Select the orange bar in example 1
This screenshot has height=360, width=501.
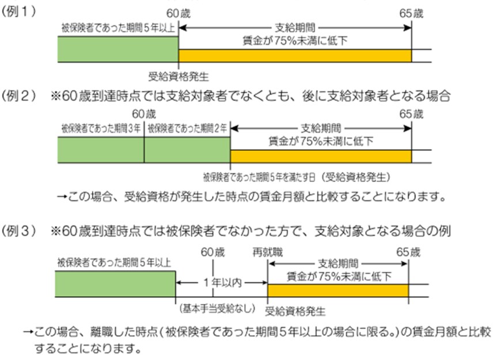tap(295, 55)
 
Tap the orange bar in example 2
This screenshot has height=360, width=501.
tap(321, 156)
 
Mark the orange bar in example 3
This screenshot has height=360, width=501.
tap(337, 290)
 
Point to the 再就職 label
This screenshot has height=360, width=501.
tap(268, 252)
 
